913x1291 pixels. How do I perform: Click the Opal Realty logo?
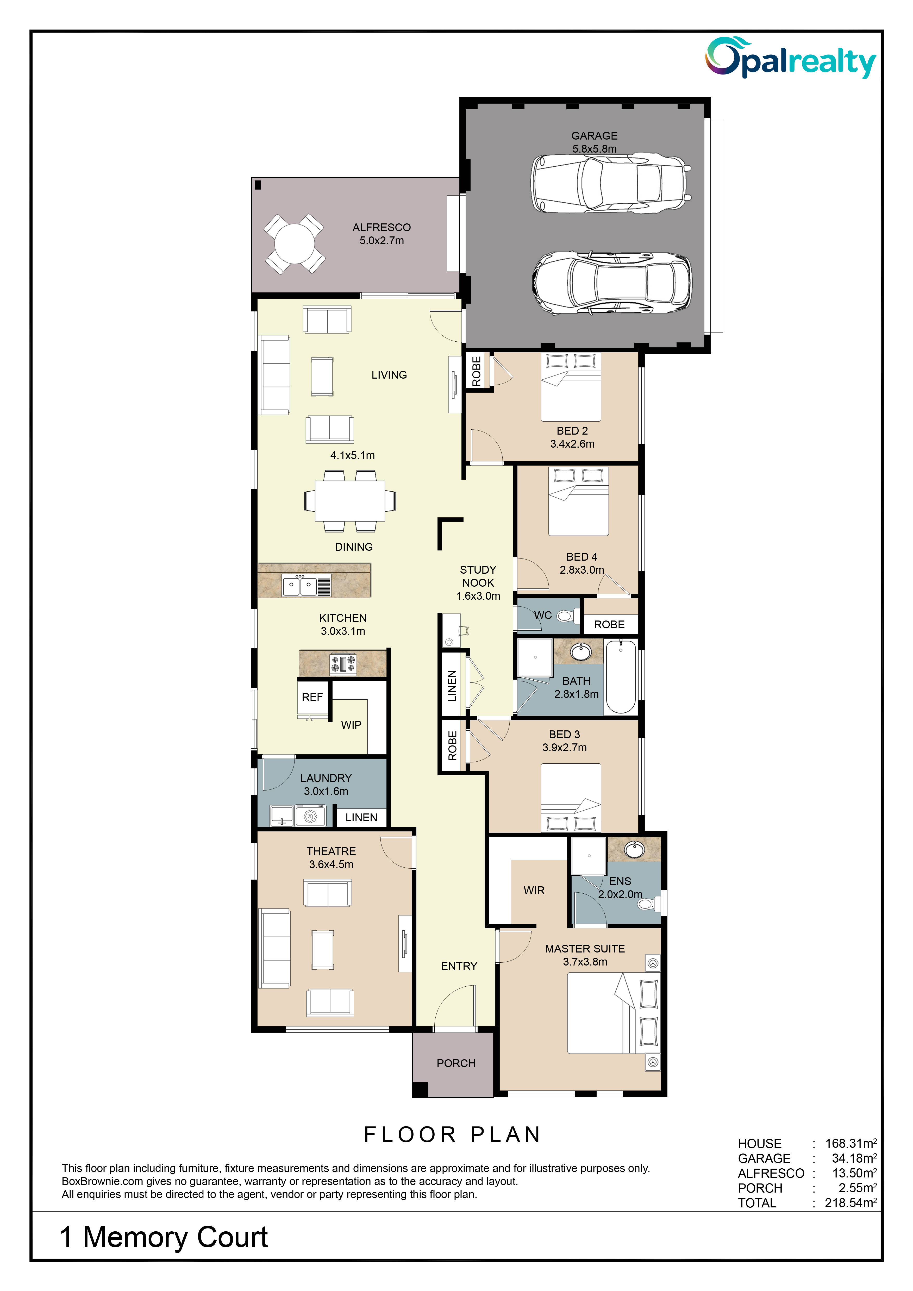(790, 58)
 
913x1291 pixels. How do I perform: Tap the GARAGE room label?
(594, 135)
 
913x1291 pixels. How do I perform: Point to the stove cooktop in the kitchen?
(343, 663)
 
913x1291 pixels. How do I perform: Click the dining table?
(350, 500)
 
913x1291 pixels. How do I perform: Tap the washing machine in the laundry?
(310, 816)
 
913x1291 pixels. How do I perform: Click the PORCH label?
(456, 1063)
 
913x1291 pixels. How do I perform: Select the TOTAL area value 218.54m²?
(851, 1203)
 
